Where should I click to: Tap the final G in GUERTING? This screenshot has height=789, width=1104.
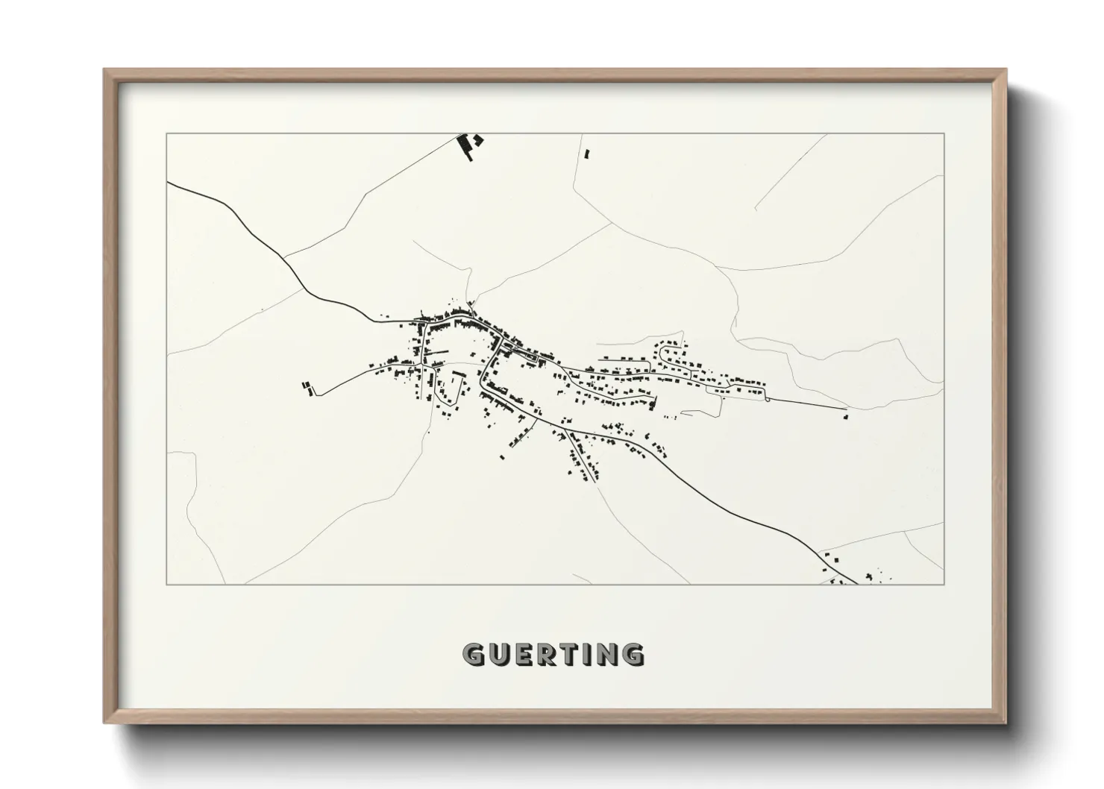coord(632,655)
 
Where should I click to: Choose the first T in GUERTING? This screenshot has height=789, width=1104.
coord(567,655)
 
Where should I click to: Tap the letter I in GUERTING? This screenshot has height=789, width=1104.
coord(586,655)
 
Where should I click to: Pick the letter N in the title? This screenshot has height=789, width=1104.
coord(606,655)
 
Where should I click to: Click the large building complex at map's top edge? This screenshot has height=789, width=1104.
coord(469,145)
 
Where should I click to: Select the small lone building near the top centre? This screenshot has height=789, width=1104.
coord(586,154)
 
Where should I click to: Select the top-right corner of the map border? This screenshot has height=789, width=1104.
coord(944,133)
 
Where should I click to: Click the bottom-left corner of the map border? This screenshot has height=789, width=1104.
coord(167,584)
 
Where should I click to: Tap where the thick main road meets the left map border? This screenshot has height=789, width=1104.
coord(169,183)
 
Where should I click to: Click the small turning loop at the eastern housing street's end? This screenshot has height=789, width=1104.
coord(767,398)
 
